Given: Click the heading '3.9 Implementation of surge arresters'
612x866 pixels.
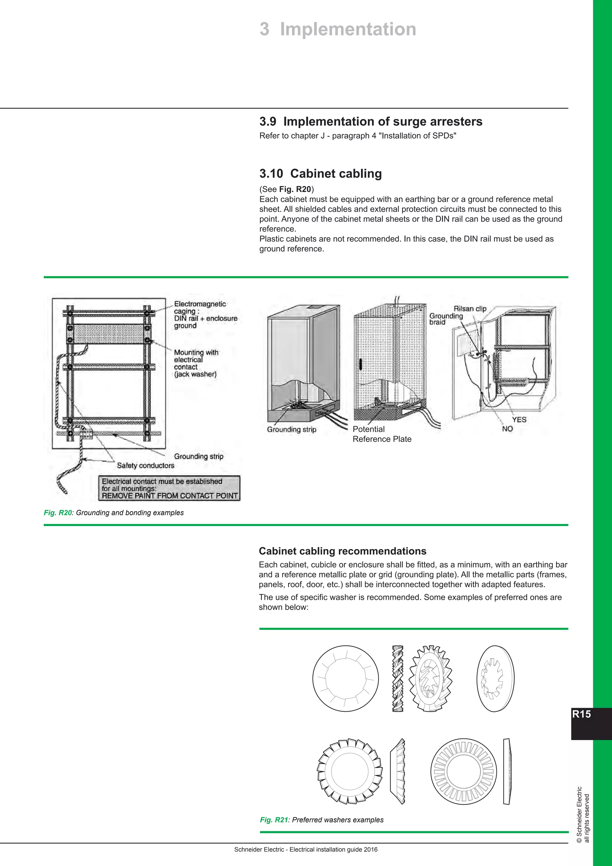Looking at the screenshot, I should [371, 121].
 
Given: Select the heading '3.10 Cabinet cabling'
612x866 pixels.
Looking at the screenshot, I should [320, 173].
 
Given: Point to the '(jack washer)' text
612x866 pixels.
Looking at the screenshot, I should [195, 374].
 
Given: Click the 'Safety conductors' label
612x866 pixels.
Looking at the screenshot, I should [146, 465].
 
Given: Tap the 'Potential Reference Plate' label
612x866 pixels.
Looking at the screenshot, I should [381, 434].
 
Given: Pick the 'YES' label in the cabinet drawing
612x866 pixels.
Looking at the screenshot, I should [519, 420].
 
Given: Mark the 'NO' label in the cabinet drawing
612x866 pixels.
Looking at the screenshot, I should [507, 429].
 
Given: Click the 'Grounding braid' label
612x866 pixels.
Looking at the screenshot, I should [446, 319].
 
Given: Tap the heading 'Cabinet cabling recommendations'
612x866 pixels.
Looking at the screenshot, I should [342, 551].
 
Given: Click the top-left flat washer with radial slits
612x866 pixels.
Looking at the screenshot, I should [345, 678].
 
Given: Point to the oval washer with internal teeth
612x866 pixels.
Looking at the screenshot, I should [495, 679].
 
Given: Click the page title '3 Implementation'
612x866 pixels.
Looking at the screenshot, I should [338, 29].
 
